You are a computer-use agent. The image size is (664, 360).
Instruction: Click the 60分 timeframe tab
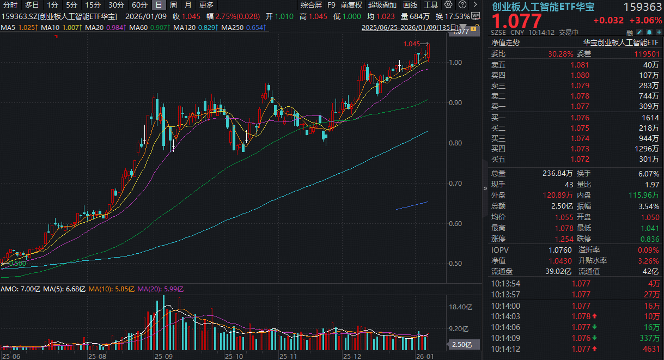coord(140,5)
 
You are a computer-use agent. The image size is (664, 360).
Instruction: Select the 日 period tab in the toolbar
coord(159,5)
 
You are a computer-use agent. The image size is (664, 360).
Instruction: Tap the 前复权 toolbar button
coord(351,5)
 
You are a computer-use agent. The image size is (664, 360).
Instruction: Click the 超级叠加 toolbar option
coord(382,5)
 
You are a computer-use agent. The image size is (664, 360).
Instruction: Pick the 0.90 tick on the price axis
coord(455,102)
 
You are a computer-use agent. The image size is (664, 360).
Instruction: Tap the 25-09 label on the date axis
coord(162,356)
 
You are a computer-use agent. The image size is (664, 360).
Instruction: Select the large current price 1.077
coord(517,21)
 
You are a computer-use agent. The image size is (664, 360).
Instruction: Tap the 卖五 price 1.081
coord(580,65)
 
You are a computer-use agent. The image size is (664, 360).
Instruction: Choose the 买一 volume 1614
coord(650,118)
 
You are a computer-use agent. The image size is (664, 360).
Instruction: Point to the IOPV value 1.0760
coord(561,250)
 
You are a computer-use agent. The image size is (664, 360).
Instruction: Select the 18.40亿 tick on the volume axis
coord(458,307)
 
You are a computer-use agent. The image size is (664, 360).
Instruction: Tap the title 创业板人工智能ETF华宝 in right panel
coord(543,7)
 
